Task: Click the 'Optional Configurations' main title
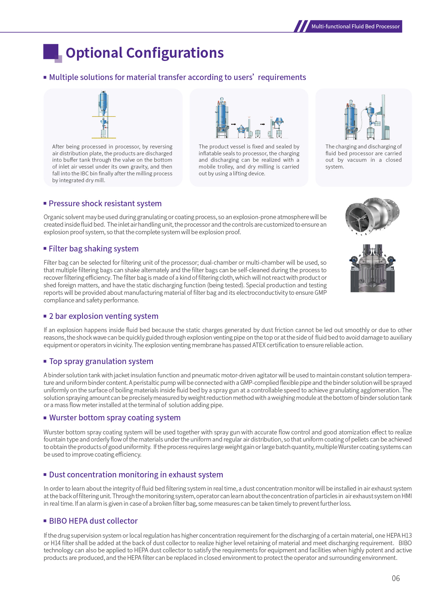pyautogui.click(x=145, y=53)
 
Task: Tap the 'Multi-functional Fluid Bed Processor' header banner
pyautogui.click(x=355, y=27)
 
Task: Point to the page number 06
pyautogui.click(x=396, y=578)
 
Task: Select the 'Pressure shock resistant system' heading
pyautogui.click(x=105, y=204)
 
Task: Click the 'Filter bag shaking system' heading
pyautogui.click(x=93, y=249)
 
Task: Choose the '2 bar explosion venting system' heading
pyautogui.click(x=103, y=316)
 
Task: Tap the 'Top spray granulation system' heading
pyautogui.click(x=101, y=362)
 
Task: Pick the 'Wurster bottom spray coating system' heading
pyautogui.click(x=115, y=418)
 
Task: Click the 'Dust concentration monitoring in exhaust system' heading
pyautogui.click(x=136, y=475)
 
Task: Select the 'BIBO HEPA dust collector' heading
pyautogui.click(x=93, y=521)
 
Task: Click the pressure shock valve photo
pyautogui.click(x=372, y=216)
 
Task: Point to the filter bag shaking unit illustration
pyautogui.click(x=372, y=268)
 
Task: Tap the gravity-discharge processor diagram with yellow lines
pyautogui.click(x=104, y=115)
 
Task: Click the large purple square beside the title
pyautogui.click(x=51, y=51)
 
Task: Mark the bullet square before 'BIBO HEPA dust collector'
pyautogui.click(x=45, y=521)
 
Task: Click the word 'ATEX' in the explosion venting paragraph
pyautogui.click(x=259, y=345)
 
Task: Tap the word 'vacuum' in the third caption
pyautogui.click(x=357, y=160)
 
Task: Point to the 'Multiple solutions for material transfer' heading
pyautogui.click(x=177, y=77)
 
